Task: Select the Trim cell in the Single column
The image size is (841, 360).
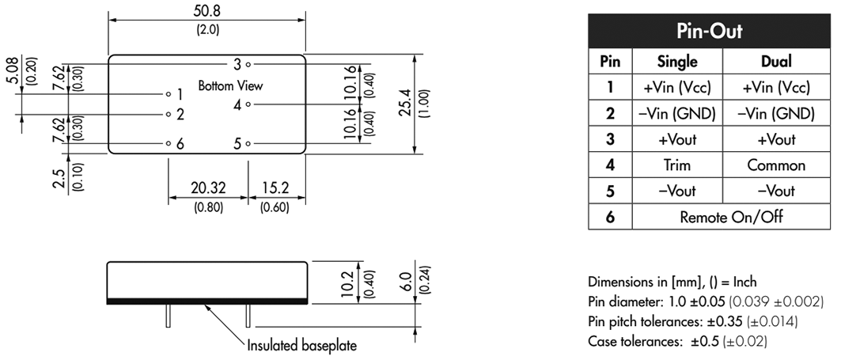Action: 677,165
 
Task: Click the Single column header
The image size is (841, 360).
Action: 677,61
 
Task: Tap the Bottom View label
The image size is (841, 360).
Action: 230,85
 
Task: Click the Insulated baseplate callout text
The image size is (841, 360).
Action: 301,346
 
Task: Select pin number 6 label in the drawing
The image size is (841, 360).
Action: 180,144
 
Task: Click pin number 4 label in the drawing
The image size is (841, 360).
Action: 237,104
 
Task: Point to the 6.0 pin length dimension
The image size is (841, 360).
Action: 407,282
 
